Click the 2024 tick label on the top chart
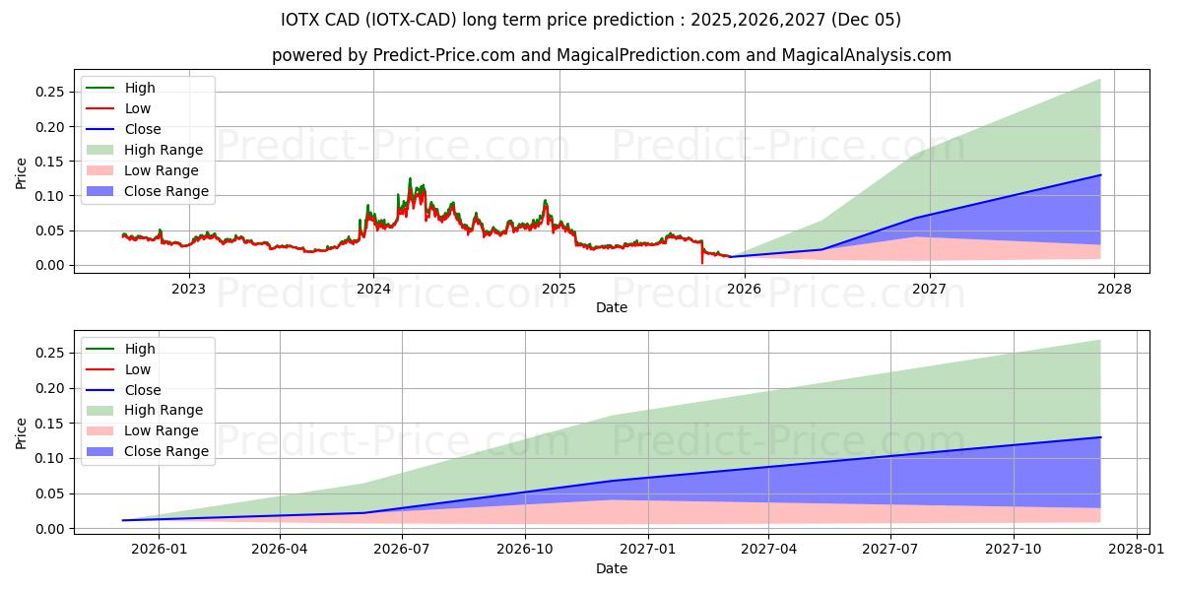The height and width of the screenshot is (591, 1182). [373, 289]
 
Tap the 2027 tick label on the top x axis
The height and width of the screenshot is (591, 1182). [929, 289]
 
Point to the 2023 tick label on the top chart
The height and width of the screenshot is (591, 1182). [189, 289]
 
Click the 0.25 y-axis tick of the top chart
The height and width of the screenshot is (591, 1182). [49, 92]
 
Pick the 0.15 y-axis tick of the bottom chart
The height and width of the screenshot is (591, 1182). [49, 424]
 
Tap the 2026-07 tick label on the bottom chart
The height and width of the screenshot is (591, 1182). [403, 549]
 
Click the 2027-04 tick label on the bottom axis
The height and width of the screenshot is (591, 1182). [768, 549]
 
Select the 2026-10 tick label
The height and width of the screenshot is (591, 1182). [525, 549]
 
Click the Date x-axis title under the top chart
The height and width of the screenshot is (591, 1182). [612, 307]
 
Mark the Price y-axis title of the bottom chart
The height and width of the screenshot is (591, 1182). [22, 432]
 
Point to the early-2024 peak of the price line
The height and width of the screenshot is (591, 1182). [410, 178]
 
